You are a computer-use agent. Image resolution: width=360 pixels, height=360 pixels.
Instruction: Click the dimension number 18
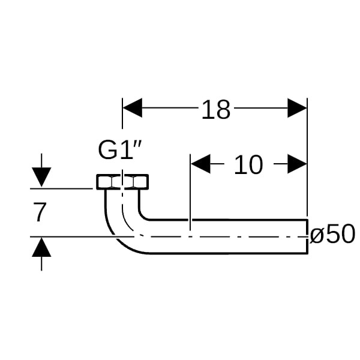coord(215,110)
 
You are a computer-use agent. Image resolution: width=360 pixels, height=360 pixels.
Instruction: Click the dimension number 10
coord(248,164)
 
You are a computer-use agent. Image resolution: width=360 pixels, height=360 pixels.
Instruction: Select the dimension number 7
coord(40,212)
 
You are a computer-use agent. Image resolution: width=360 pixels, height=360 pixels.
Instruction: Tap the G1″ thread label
coord(119,151)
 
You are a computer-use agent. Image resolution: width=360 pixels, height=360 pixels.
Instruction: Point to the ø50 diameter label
coord(332,235)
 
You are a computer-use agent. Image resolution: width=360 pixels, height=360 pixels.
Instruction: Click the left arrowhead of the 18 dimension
coord(133,109)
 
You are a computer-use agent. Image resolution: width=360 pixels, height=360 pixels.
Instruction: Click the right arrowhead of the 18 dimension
coord(297,109)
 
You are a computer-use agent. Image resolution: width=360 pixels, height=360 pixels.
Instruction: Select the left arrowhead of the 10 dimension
coord(200,163)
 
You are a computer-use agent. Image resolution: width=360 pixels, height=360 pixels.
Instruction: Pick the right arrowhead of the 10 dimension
coord(297,163)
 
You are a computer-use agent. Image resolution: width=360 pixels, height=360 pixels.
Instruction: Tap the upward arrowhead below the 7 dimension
coord(41,247)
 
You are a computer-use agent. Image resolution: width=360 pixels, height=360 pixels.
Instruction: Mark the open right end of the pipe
coord(307,236)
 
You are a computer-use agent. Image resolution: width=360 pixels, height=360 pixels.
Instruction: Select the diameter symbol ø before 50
coord(317,235)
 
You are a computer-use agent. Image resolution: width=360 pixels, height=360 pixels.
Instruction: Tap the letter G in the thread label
coord(108,151)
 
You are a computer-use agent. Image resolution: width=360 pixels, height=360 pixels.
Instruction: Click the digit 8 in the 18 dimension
coord(223,110)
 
